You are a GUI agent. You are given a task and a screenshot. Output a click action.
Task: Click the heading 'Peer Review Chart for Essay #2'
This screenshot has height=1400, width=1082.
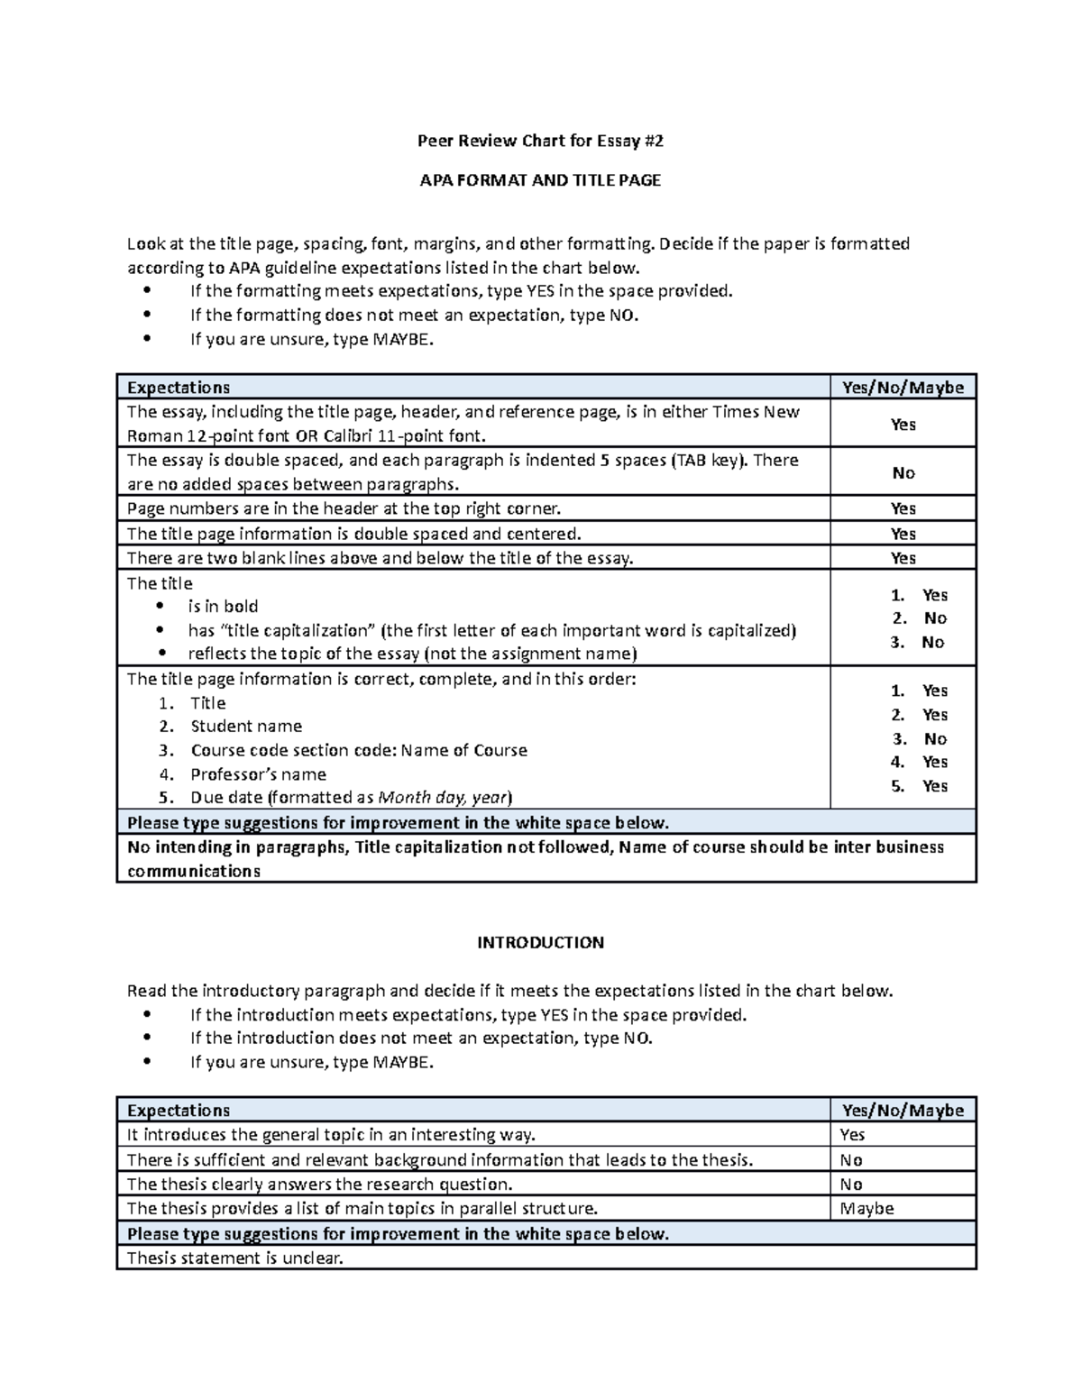pos(540,141)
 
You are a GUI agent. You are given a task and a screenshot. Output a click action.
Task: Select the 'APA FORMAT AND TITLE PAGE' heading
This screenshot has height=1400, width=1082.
pos(540,180)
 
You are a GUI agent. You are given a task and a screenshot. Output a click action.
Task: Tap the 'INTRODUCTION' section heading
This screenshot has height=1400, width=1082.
pos(540,943)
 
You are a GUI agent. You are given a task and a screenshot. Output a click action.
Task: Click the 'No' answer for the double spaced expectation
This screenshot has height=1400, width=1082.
pos(903,473)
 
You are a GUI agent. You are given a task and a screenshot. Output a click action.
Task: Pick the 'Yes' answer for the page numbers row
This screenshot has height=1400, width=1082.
pos(903,509)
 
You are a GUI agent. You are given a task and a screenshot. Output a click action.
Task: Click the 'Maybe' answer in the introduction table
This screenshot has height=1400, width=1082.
pos(867,1209)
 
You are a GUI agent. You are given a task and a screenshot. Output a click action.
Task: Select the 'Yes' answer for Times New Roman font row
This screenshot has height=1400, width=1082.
pos(903,425)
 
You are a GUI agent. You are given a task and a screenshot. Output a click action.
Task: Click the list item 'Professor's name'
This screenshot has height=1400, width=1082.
pos(258,774)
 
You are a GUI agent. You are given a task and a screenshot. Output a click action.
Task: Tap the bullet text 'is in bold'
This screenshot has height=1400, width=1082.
pos(223,607)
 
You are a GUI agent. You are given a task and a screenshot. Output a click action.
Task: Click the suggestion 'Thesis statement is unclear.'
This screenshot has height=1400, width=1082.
pos(235,1258)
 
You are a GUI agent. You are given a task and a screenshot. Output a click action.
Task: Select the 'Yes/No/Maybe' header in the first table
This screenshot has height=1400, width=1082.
pos(903,388)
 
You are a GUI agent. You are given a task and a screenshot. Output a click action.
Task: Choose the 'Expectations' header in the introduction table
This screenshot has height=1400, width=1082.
pos(179,1111)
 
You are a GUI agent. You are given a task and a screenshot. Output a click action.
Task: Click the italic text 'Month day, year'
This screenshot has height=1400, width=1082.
pos(443,798)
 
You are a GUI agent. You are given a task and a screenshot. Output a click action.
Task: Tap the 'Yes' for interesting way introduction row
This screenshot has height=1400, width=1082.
pos(852,1135)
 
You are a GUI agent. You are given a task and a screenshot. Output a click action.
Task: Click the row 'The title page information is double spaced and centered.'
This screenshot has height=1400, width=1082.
pos(353,534)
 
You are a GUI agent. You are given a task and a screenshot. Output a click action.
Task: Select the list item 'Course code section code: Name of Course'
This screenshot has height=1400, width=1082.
pos(359,751)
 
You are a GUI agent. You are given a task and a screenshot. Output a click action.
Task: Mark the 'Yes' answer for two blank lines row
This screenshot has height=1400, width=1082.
pos(903,558)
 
